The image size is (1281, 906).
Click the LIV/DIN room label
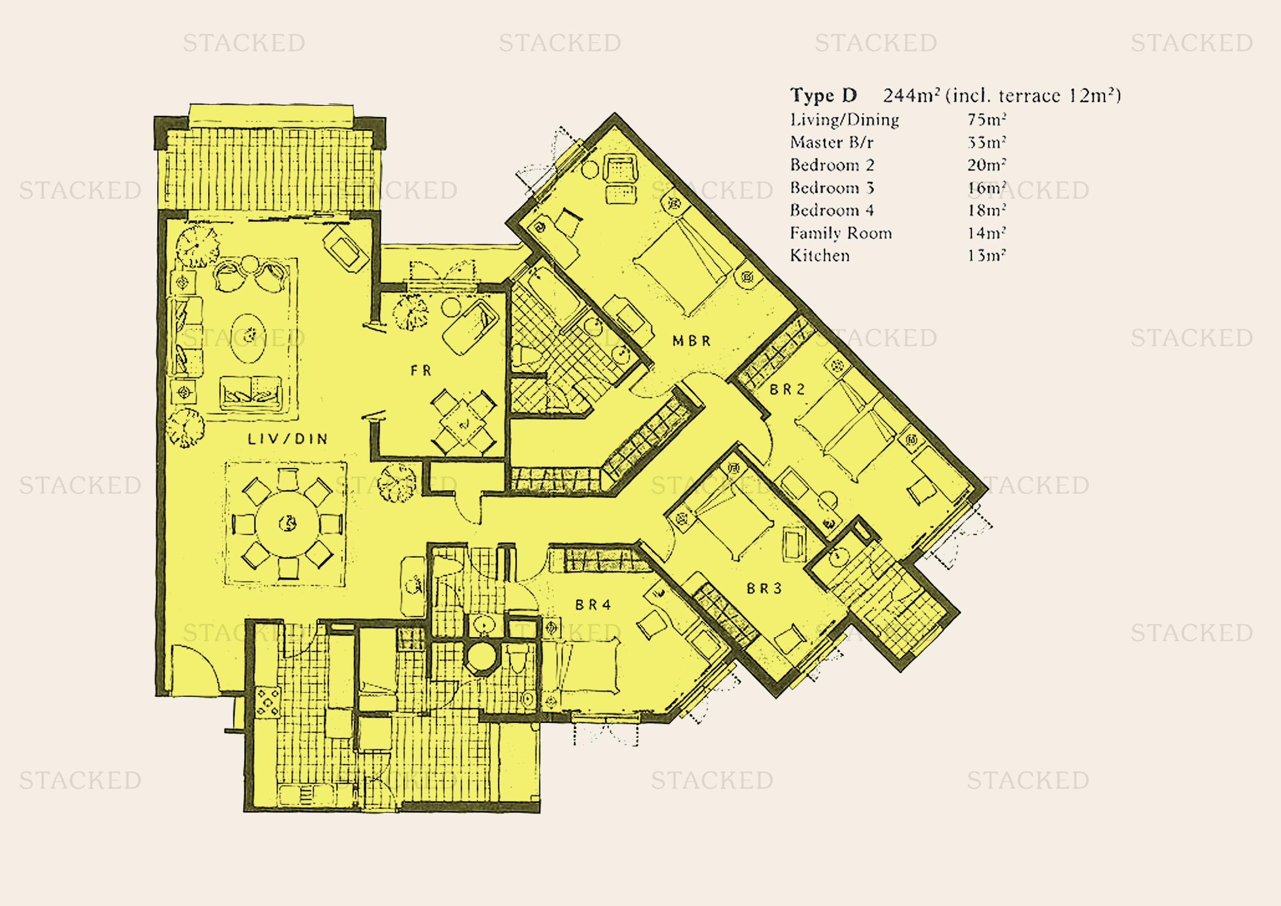288,439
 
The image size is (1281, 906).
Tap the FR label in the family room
421,370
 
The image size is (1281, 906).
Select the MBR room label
691,341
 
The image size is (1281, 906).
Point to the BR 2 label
787,389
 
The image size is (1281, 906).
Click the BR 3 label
765,588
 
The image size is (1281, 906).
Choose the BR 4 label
593,605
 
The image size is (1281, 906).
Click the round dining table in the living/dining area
288,523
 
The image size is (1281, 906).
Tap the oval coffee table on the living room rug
248,337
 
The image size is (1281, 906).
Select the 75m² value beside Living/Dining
986,120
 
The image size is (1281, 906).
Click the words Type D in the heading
823,95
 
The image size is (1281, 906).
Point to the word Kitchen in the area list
820,256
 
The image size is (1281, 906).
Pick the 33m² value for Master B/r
986,143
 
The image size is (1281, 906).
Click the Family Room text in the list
840,233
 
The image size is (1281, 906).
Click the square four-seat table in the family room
464,422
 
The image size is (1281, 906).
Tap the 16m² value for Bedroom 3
986,188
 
